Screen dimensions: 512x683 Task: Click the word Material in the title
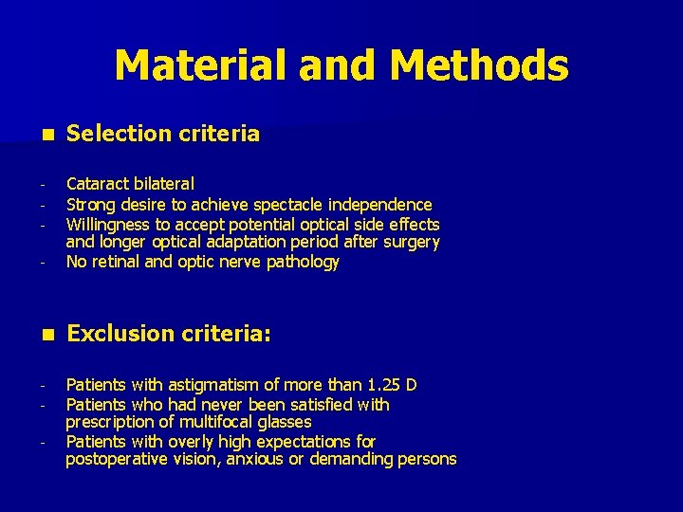200,65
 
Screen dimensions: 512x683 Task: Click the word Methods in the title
478,65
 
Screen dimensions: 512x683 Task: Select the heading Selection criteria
163,134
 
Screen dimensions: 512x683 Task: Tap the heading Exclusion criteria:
170,334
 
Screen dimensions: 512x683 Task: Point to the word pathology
303,263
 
